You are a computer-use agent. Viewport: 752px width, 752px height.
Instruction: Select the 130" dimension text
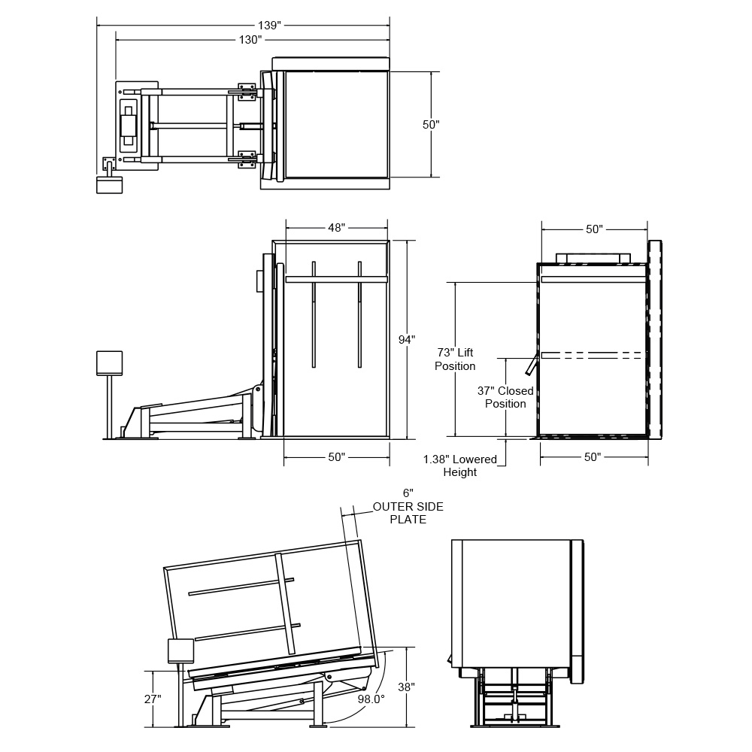click(x=250, y=39)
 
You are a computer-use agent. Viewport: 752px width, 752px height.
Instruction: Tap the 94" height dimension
click(x=407, y=340)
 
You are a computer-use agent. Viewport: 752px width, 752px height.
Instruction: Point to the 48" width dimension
click(x=336, y=227)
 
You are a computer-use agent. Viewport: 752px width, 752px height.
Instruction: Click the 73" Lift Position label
click(x=455, y=359)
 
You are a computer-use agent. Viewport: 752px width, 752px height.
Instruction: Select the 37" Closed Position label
click(x=505, y=397)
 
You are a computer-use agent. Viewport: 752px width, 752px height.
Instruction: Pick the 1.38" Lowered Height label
click(x=459, y=465)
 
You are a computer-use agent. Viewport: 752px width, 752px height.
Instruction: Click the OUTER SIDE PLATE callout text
click(x=408, y=513)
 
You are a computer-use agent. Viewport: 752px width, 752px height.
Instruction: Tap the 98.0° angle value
click(x=371, y=699)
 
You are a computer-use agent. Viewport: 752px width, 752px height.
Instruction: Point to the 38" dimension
click(x=406, y=687)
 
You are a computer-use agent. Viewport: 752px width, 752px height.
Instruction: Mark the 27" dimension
click(x=153, y=699)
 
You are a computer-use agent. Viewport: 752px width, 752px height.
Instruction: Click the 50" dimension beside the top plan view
click(x=431, y=125)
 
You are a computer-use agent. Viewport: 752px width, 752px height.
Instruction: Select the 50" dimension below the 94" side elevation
click(x=336, y=456)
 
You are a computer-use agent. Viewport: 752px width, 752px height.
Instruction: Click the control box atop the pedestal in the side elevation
click(x=109, y=362)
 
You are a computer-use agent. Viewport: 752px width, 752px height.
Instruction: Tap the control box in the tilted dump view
click(x=180, y=650)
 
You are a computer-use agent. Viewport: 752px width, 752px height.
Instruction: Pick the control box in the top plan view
click(x=109, y=184)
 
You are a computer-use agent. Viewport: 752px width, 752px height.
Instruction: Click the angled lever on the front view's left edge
click(x=532, y=365)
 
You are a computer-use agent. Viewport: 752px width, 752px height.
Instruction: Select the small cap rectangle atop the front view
click(x=593, y=258)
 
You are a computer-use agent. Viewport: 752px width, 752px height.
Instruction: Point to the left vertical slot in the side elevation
click(x=314, y=314)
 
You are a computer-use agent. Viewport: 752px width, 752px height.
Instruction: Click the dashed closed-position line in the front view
click(x=593, y=353)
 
